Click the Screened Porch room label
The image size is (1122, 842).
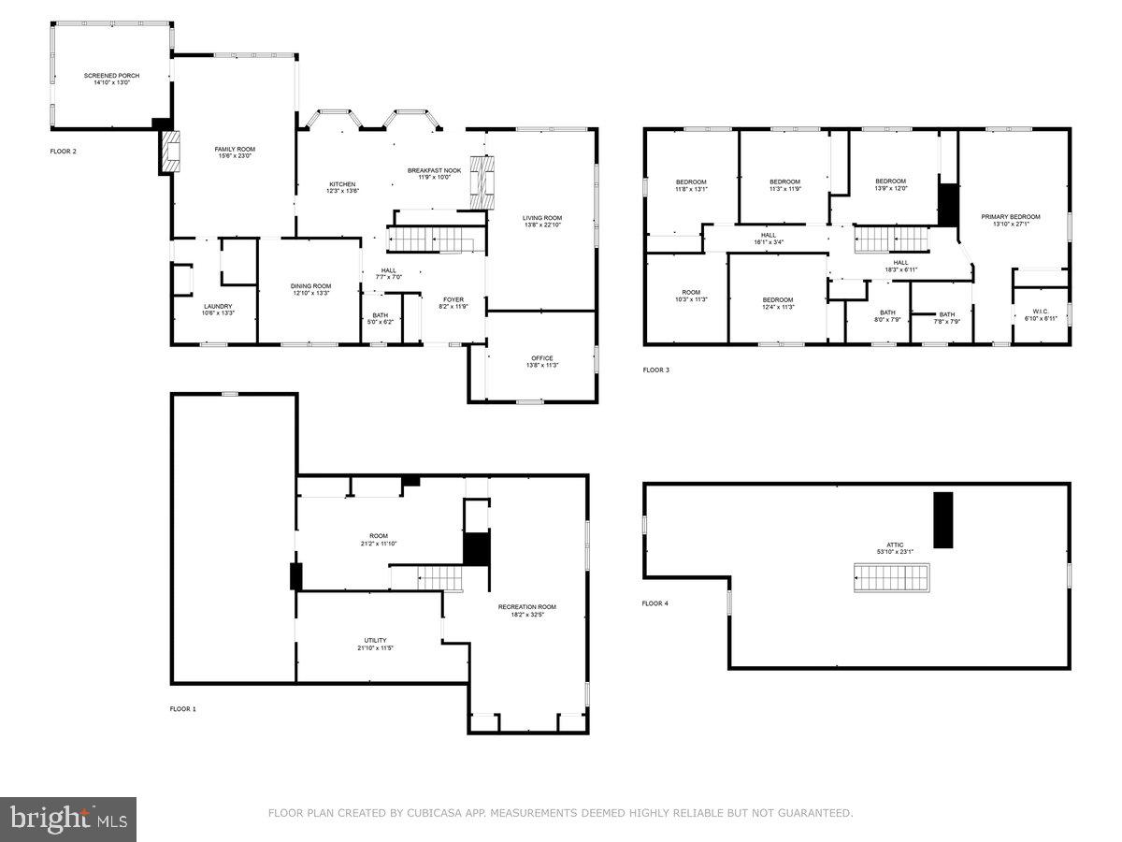point(104,79)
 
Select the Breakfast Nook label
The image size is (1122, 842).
point(428,173)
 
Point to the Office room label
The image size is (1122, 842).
point(542,361)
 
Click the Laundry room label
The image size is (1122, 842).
point(218,310)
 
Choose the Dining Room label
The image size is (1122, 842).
point(310,289)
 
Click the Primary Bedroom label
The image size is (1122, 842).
point(1010,220)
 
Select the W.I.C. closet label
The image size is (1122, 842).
point(1041,315)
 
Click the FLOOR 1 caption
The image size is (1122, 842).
point(181,709)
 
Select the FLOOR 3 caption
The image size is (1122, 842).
point(655,370)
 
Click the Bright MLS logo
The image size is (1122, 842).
point(69,819)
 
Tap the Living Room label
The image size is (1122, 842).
point(542,221)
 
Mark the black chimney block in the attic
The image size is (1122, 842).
point(942,519)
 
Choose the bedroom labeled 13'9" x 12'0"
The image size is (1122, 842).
point(890,184)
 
